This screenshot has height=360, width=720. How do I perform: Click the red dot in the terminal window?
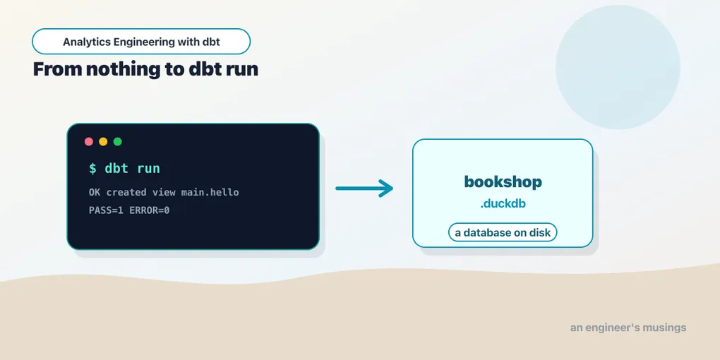(x=89, y=141)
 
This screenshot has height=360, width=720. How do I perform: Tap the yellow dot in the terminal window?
(x=103, y=141)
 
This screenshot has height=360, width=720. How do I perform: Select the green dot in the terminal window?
(x=118, y=141)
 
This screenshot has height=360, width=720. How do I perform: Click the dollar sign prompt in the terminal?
(x=92, y=169)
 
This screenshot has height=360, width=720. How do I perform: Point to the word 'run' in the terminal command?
(x=148, y=169)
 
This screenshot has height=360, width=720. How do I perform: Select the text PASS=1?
(x=106, y=211)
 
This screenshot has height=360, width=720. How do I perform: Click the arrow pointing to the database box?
(x=364, y=188)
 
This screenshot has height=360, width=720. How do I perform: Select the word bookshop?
(x=503, y=182)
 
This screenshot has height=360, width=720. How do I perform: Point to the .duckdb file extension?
(x=503, y=204)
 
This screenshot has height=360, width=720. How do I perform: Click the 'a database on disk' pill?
(x=503, y=232)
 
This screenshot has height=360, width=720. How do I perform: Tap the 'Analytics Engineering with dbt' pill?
(x=141, y=42)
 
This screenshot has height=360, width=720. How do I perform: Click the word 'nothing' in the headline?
(x=123, y=69)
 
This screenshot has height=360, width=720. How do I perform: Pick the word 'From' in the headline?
(x=57, y=69)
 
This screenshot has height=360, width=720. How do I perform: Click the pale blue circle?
(x=618, y=67)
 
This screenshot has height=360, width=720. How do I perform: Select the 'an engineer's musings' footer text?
(x=628, y=328)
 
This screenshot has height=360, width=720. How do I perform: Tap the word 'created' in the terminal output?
(x=126, y=193)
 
